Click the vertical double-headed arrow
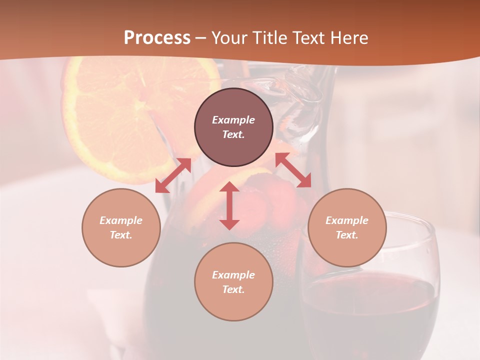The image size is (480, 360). click(x=229, y=205)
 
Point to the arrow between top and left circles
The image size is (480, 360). click(x=173, y=175)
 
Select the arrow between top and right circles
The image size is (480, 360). click(x=293, y=170)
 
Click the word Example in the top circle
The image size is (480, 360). click(x=233, y=120)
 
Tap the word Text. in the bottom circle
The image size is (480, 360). click(x=233, y=289)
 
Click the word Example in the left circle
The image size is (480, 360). click(x=121, y=220)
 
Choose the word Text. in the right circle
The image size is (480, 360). click(x=346, y=235)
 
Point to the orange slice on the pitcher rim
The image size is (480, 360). click(x=120, y=115)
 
